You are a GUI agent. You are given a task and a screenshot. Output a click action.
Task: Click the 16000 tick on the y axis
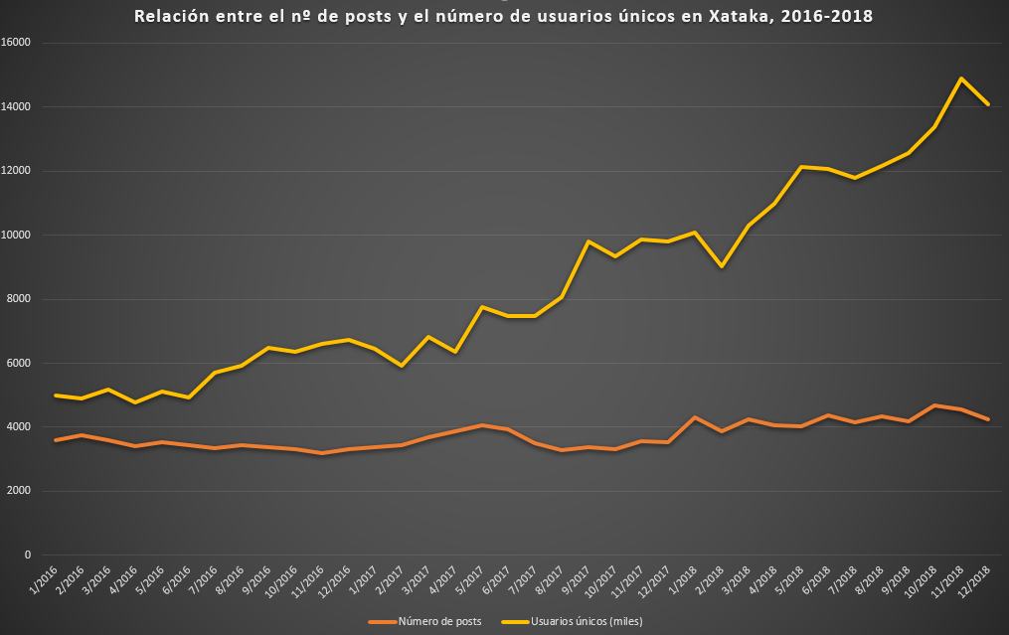point(17,43)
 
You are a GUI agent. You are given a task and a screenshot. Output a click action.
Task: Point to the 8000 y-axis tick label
point(20,299)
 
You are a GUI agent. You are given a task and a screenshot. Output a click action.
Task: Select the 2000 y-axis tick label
point(20,491)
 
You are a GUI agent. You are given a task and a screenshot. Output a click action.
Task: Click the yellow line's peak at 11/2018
point(961,79)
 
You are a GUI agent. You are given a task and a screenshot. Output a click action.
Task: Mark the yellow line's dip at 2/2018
point(722,266)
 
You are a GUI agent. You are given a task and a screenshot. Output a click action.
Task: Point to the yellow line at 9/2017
point(589,241)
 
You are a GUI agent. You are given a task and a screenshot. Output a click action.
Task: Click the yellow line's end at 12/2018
point(987,104)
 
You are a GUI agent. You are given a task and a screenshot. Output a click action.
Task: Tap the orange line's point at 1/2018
point(695,417)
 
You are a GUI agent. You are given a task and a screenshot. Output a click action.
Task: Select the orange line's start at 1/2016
point(56,440)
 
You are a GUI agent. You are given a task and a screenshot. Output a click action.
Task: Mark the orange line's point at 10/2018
point(934,405)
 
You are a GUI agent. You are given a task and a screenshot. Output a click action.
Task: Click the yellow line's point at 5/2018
point(801,167)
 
